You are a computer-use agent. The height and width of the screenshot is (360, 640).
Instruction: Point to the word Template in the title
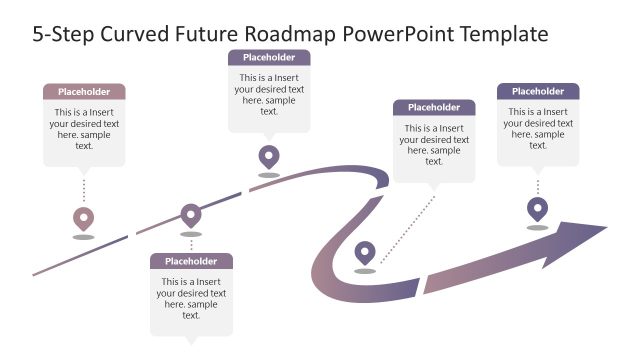click(503, 34)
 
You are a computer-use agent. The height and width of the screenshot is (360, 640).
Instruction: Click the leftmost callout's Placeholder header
click(84, 91)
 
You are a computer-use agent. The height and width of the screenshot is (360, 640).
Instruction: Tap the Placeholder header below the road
click(191, 261)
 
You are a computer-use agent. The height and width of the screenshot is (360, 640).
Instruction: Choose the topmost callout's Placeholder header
click(269, 57)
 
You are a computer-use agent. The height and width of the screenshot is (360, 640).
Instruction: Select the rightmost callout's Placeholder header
click(538, 91)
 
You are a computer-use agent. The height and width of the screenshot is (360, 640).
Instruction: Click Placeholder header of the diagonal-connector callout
click(434, 107)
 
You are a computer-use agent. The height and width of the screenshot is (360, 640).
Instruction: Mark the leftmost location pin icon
click(84, 218)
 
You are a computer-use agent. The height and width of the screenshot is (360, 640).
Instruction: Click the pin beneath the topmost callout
click(269, 156)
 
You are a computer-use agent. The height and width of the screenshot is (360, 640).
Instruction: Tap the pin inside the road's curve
click(365, 252)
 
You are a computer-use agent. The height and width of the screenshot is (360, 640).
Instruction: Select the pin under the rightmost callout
click(538, 208)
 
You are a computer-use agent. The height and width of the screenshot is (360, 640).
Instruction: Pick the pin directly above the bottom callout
click(191, 213)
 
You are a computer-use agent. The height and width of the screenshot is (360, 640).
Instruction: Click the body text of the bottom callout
click(191, 298)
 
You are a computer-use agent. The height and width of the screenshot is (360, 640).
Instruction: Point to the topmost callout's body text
click(269, 94)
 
